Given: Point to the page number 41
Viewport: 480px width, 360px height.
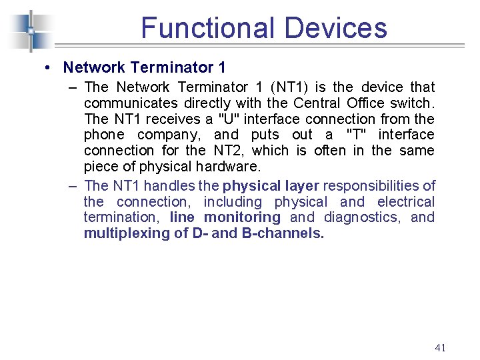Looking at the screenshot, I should (439, 347).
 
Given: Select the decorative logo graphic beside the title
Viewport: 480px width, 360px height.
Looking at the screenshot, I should (30, 31).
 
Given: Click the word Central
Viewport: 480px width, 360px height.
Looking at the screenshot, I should (317, 103).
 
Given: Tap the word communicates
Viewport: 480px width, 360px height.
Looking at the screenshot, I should (131, 103).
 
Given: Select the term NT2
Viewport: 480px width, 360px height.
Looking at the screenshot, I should (228, 151).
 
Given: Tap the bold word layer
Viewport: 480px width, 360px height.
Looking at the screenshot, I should (299, 185).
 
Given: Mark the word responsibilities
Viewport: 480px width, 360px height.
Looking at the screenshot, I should (379, 185).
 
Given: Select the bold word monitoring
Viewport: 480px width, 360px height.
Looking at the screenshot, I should (242, 217).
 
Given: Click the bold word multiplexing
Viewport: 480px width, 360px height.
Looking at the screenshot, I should (125, 233).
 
